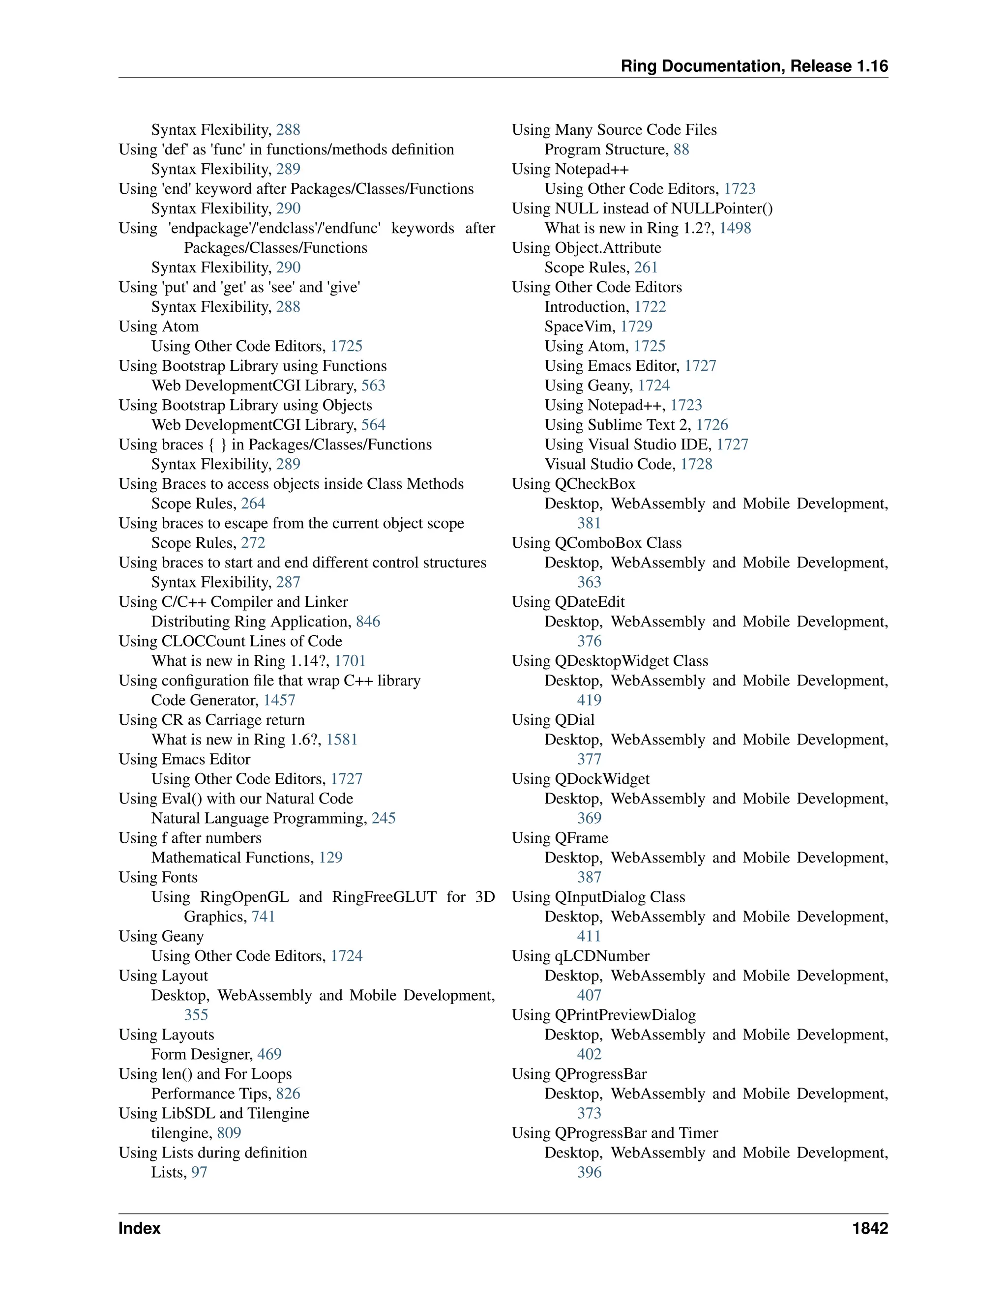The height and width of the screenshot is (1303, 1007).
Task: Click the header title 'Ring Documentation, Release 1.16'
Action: pyautogui.click(x=754, y=66)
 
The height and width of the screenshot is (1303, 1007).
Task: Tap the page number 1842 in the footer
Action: pyautogui.click(x=870, y=1228)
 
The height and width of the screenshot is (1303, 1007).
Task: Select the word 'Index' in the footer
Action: pyautogui.click(x=140, y=1228)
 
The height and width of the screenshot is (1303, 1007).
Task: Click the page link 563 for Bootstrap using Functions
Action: pyautogui.click(x=374, y=385)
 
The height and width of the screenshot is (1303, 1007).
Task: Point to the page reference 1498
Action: pyautogui.click(x=735, y=228)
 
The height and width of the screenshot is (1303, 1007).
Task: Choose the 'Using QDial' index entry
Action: pyautogui.click(x=553, y=720)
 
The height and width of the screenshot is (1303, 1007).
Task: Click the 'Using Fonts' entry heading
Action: pyautogui.click(x=158, y=878)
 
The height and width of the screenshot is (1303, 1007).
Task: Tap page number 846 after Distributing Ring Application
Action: pyautogui.click(x=368, y=622)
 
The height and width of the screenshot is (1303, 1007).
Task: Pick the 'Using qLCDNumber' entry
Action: pyautogui.click(x=581, y=956)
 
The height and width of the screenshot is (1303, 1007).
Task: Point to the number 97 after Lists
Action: pyautogui.click(x=199, y=1172)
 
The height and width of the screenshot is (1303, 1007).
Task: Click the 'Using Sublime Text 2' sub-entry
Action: pyautogui.click(x=618, y=425)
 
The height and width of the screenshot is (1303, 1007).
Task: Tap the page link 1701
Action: pyautogui.click(x=350, y=661)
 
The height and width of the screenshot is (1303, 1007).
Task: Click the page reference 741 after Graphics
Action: pyautogui.click(x=264, y=917)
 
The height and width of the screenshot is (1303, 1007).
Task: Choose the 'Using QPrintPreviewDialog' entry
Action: pyautogui.click(x=604, y=1015)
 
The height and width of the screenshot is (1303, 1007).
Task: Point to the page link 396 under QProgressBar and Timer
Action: pyautogui.click(x=590, y=1172)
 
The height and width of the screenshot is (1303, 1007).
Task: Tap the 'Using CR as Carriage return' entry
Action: pyautogui.click(x=212, y=720)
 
